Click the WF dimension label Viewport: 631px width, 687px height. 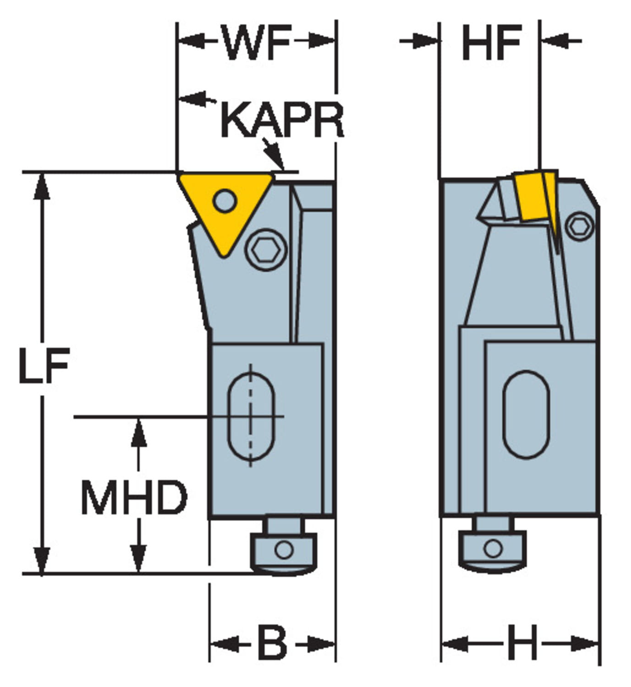(257, 42)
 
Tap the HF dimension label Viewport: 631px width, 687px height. (491, 42)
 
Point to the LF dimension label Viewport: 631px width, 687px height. (44, 365)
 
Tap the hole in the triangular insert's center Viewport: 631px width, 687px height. (225, 201)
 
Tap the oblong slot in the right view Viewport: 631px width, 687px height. (526, 414)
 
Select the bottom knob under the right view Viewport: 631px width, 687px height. (493, 549)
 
